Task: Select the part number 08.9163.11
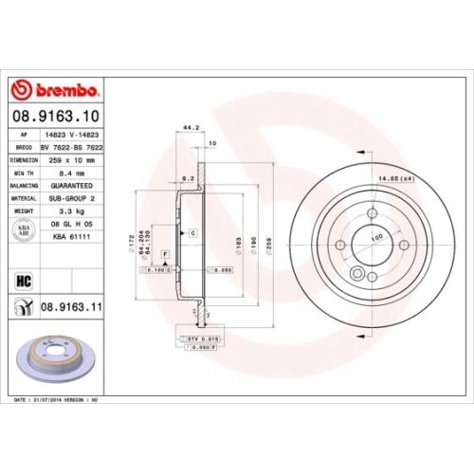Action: [70, 306]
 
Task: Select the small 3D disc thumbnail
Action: [51, 355]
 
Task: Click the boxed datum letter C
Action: [192, 232]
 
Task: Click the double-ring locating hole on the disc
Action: [356, 275]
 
